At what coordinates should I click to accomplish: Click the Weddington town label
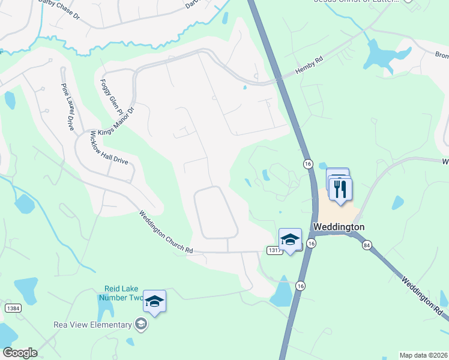(x=339, y=227)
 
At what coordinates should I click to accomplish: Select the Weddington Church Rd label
(x=166, y=232)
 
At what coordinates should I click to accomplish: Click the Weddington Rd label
(x=422, y=298)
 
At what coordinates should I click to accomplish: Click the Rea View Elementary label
(x=92, y=325)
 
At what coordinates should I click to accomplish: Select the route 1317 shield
(x=273, y=249)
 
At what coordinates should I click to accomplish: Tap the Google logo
(x=20, y=353)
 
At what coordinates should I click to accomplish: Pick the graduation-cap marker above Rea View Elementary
(x=154, y=302)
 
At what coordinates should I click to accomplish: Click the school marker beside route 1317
(x=291, y=239)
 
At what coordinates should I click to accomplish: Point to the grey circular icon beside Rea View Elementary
(x=141, y=325)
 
